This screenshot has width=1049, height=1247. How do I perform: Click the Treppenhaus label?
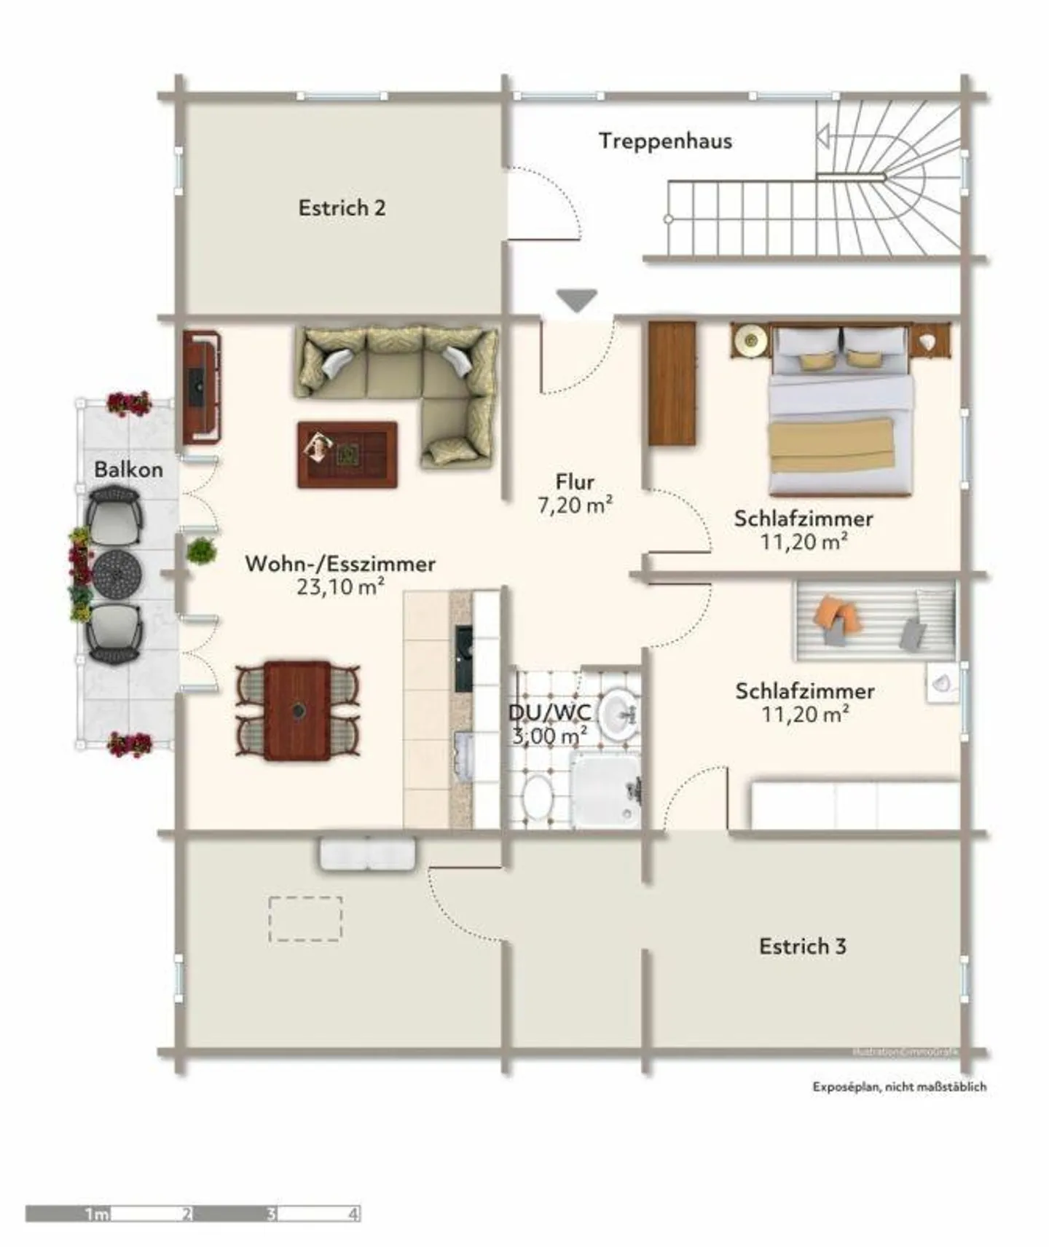(x=665, y=141)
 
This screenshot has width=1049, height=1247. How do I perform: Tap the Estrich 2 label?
(x=342, y=208)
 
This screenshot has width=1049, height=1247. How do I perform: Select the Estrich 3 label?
(x=802, y=946)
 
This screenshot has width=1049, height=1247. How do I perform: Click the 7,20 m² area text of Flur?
(x=575, y=505)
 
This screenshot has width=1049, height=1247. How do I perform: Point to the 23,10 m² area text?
(x=340, y=586)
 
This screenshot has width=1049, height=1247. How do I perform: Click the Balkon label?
(x=128, y=469)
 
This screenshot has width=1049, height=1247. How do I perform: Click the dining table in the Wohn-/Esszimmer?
(x=297, y=710)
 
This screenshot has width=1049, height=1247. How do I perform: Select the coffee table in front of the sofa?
(x=347, y=455)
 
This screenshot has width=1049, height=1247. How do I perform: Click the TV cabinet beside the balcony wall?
(x=201, y=387)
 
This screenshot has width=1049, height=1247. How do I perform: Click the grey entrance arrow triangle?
(x=577, y=299)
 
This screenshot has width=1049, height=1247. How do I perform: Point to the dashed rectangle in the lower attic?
(x=305, y=918)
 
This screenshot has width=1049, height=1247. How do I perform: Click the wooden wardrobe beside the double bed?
(x=672, y=382)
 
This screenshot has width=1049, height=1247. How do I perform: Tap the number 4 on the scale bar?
(x=353, y=1213)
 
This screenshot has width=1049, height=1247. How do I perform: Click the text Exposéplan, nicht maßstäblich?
(x=900, y=1086)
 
